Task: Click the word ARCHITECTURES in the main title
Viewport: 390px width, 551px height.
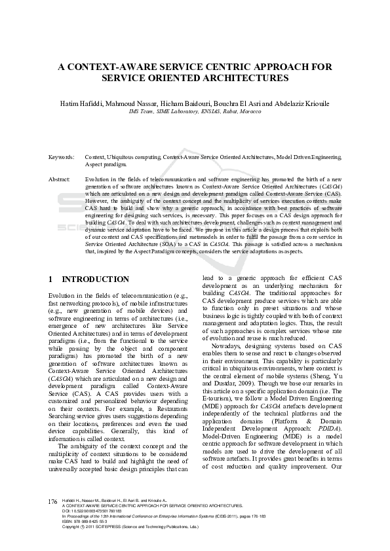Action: pyautogui.click(x=247, y=77)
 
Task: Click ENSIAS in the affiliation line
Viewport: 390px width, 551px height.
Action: pyautogui.click(x=205, y=112)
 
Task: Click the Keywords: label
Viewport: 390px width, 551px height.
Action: pyautogui.click(x=62, y=158)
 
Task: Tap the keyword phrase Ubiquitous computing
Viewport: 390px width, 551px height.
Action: pyautogui.click(x=134, y=158)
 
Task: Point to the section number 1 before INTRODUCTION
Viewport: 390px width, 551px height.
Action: pyautogui.click(x=51, y=279)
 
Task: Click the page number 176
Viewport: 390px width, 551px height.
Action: pyautogui.click(x=54, y=519)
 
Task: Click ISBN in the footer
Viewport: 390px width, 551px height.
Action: pyautogui.click(x=66, y=540)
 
